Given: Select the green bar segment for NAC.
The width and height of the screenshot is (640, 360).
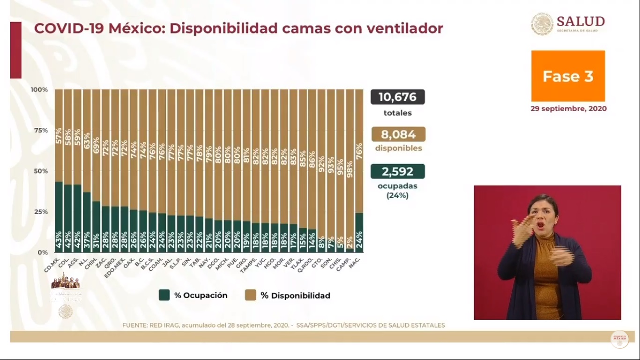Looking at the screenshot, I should click(359, 232).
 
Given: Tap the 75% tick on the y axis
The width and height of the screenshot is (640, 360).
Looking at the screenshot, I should click(40, 130).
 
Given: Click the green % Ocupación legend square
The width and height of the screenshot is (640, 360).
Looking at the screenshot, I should click(164, 295).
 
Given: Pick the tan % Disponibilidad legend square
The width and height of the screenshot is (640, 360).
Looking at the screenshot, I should click(251, 295).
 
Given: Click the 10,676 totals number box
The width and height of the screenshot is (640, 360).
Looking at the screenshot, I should click(397, 97).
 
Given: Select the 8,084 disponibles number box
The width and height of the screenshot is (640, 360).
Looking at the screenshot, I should click(398, 135).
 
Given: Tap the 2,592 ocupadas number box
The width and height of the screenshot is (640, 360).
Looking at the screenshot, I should click(397, 172).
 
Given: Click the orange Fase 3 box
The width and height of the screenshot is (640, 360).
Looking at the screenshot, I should click(568, 76).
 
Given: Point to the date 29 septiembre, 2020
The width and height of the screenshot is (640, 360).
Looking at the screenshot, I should click(568, 109).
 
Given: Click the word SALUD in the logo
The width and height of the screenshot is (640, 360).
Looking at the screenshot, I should click(580, 22).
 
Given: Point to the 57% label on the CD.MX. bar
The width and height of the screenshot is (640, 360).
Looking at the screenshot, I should click(59, 135).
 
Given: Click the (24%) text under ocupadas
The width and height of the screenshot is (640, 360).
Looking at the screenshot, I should click(397, 195).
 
